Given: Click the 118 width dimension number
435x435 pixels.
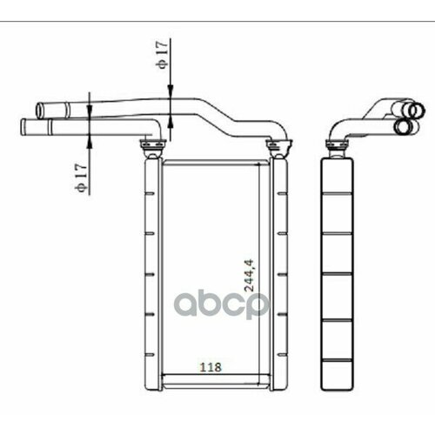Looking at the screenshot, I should pyautogui.click(x=211, y=368).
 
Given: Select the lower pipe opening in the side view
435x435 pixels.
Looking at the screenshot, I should pyautogui.click(x=403, y=126).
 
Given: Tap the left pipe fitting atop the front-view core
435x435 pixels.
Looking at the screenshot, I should pyautogui.click(x=152, y=145).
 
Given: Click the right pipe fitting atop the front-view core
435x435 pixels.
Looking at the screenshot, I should pyautogui.click(x=278, y=145).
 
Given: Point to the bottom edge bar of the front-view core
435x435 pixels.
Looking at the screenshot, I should pyautogui.click(x=215, y=383).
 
